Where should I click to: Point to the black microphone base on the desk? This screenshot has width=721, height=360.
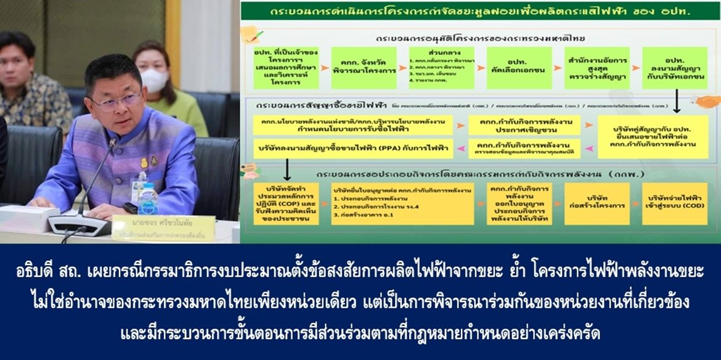79,224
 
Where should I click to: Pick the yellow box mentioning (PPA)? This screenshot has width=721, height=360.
352,148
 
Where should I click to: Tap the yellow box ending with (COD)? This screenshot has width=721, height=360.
674,203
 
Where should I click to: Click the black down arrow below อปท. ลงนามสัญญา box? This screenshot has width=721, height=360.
676,101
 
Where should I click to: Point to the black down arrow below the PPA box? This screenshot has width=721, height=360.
287,168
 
